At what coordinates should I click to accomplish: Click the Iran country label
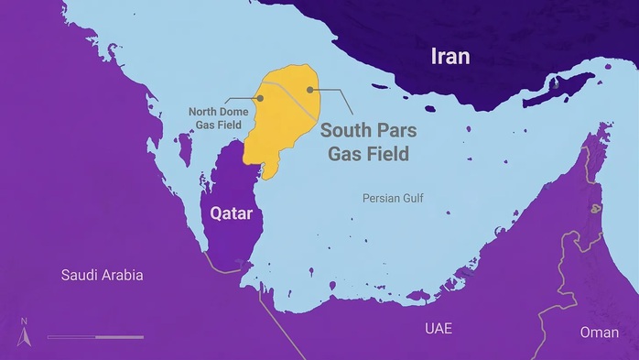pos(450,57)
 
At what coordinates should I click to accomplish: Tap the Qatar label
pos(231,213)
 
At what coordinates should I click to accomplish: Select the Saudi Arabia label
pos(103,275)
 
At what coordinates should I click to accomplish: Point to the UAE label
pos(439,328)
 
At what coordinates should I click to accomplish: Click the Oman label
pos(600,333)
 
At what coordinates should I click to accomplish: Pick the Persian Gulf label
pos(393,198)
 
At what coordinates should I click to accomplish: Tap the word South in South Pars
pos(344,130)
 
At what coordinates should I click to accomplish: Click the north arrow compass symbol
pos(25,336)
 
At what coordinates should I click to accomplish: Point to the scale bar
pos(95,337)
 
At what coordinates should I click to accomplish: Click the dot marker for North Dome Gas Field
pos(260,98)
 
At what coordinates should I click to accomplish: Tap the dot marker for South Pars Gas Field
pos(310,90)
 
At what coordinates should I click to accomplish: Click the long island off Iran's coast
pos(559,89)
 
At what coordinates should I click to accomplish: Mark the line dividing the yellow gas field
pos(289,96)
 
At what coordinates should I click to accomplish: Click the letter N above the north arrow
pos(25,321)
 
